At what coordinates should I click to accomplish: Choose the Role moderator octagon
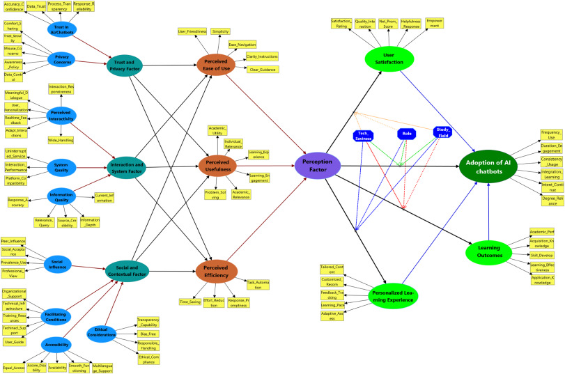click(406, 134)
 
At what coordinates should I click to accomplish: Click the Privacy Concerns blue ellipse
click(63, 61)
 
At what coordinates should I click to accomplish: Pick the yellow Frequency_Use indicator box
click(552, 135)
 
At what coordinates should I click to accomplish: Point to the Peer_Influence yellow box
click(14, 240)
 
